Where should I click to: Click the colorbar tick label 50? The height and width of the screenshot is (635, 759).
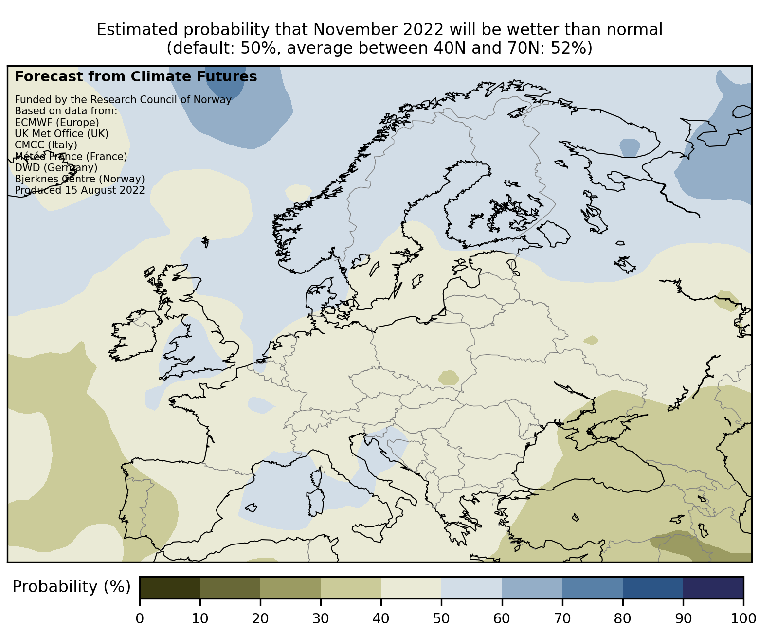[441, 618]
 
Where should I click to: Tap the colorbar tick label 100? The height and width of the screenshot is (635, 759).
[743, 618]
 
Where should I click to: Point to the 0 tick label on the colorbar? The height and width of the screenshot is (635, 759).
[140, 618]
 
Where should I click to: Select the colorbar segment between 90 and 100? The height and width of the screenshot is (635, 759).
[713, 587]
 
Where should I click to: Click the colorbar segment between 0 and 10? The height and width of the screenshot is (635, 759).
[170, 587]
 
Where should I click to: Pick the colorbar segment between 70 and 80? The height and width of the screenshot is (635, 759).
[593, 587]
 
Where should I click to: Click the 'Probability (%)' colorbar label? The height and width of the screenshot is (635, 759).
[72, 587]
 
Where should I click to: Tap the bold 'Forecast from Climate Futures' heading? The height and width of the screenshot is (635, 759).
[136, 77]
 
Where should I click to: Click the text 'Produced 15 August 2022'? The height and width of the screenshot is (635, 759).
[80, 190]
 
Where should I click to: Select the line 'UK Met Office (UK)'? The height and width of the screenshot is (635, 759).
[62, 133]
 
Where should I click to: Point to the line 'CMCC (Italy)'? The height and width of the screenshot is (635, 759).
[46, 145]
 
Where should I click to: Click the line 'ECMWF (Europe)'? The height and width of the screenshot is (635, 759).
[57, 122]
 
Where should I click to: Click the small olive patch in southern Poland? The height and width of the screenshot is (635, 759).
[449, 378]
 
